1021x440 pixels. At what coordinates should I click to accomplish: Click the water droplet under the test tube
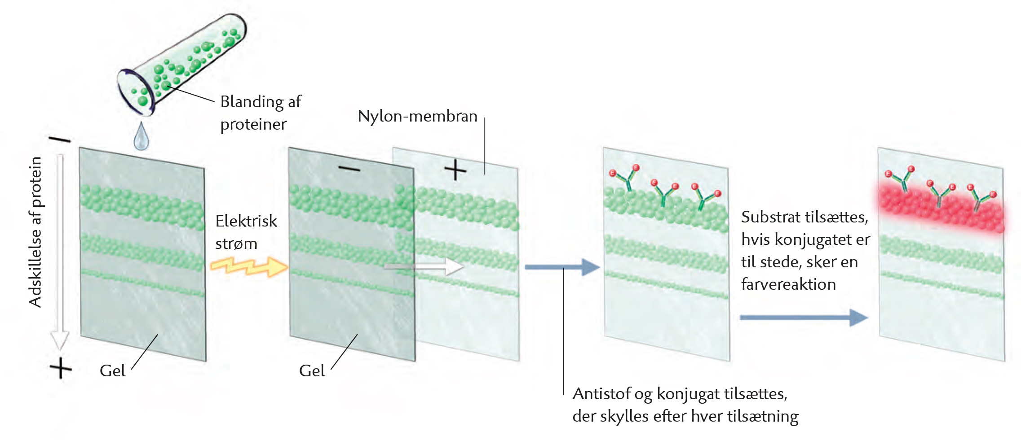(141, 137)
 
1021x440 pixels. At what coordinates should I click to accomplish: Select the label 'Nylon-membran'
(417, 116)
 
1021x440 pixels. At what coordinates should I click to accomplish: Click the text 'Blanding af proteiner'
(261, 113)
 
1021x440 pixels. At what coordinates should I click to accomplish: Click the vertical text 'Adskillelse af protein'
(35, 231)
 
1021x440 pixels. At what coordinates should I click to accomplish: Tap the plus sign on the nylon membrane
(455, 170)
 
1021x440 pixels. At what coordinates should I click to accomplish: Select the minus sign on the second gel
(349, 169)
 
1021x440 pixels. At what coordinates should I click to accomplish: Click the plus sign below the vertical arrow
(61, 369)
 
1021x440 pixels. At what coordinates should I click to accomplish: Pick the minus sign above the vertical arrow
(60, 139)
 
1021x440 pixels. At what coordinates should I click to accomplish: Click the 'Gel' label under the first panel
(112, 371)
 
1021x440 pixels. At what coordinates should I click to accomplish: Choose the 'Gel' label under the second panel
(312, 371)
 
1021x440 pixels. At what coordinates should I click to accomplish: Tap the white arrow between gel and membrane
(424, 266)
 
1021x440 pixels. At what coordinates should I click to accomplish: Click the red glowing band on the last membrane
(941, 209)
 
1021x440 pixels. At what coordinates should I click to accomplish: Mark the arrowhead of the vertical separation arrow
(59, 341)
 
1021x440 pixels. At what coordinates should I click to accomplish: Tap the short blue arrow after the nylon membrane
(561, 267)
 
